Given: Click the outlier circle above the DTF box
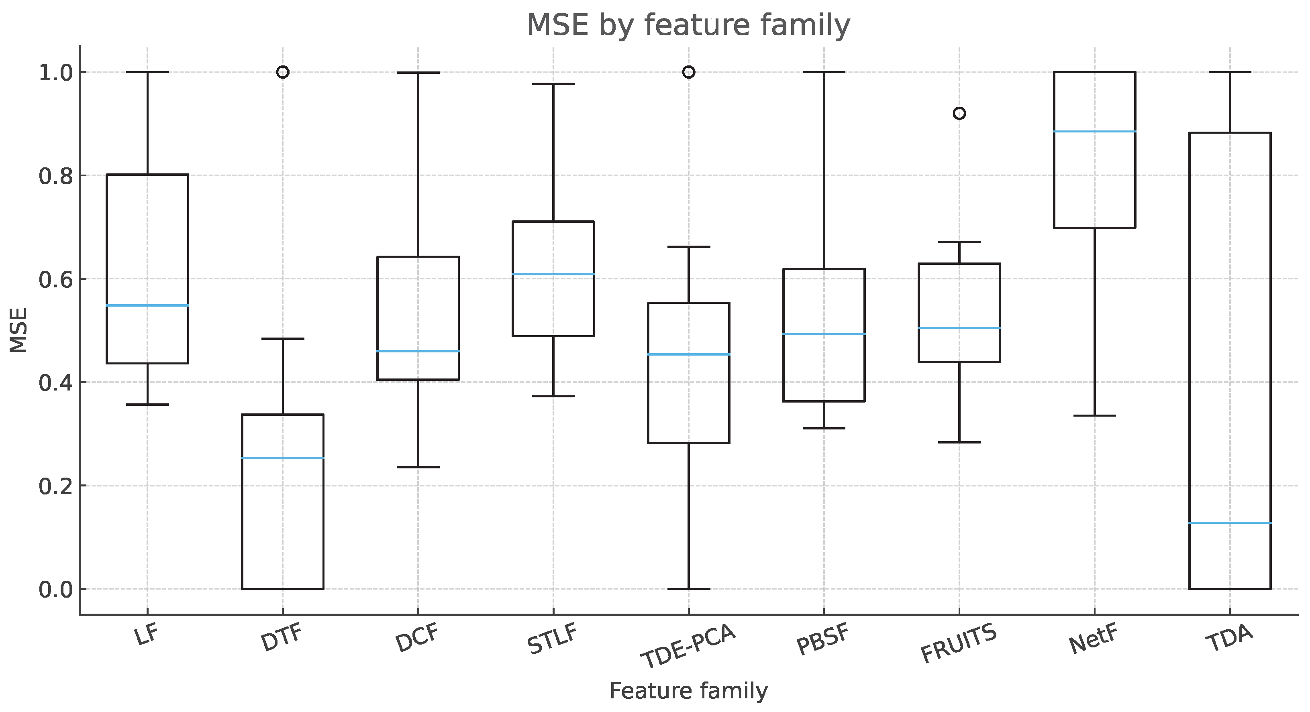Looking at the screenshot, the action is (283, 72).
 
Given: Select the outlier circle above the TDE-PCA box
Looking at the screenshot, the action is (689, 72).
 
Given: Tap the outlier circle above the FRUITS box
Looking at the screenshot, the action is (959, 113).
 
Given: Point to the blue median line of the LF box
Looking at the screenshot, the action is (147, 305).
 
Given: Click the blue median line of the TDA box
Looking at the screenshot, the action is (1230, 523).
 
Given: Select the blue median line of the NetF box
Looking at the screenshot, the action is (1094, 132).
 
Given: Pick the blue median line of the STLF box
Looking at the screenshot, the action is (553, 275).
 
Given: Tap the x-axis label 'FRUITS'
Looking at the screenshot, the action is (958, 644).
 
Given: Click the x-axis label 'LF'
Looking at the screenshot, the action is (147, 636).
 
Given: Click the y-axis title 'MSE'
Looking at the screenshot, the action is (19, 331).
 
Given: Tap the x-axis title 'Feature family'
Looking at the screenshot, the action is (689, 691).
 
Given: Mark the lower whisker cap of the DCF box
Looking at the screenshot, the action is (418, 467).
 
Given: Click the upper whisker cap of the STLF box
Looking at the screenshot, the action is (553, 84).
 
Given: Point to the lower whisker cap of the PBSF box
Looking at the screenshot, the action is (824, 428).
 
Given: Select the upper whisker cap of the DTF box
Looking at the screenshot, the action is (283, 338).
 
